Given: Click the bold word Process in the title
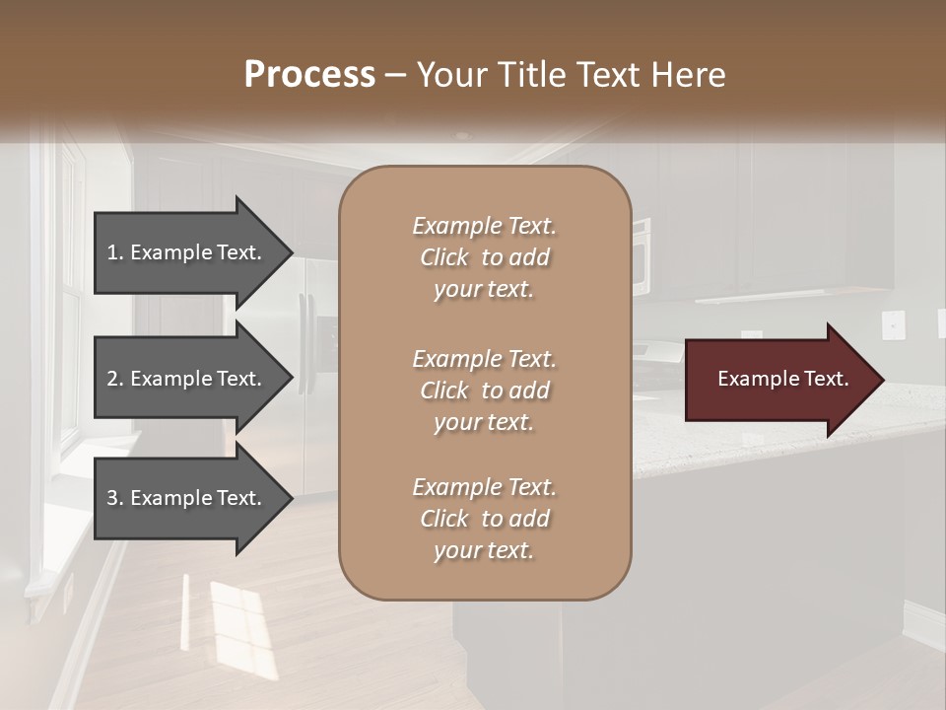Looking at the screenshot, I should point(309,75).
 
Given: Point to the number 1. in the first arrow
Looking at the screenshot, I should point(115,252).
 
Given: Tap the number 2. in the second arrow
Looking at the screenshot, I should point(115,379).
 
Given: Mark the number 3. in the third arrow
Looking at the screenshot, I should point(115,498).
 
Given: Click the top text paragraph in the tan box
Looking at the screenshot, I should point(484,257).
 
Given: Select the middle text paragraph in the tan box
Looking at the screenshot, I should point(484,390).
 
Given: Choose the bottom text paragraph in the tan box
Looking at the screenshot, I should point(484,519).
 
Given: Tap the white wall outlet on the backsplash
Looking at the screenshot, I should point(893,323).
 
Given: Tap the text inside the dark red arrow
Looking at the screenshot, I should point(783,380).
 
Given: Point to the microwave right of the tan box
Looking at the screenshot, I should point(641,256).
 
